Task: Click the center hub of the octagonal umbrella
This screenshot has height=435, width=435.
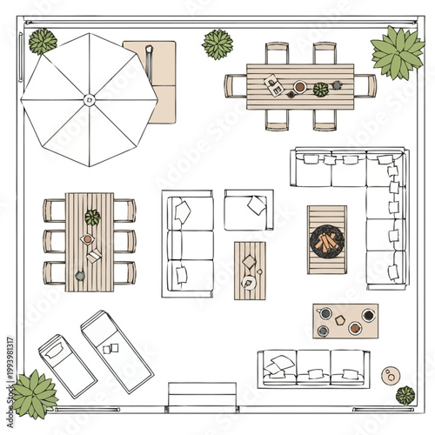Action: click(x=87, y=100)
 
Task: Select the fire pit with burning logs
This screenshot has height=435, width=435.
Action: click(x=327, y=239)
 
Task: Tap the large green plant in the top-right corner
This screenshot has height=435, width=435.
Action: click(x=397, y=52)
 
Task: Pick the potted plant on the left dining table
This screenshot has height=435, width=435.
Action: click(x=92, y=217)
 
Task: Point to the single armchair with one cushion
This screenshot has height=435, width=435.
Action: click(x=248, y=210)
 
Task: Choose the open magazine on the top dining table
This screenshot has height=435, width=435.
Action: click(x=274, y=85)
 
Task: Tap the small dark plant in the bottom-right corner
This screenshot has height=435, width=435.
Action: click(x=405, y=395)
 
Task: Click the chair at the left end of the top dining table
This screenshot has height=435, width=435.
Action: click(x=236, y=86)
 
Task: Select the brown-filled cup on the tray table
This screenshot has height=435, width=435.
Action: click(x=355, y=328)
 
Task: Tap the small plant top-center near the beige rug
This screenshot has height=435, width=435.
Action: click(x=217, y=43)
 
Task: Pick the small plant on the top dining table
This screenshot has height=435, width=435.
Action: click(x=321, y=89)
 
